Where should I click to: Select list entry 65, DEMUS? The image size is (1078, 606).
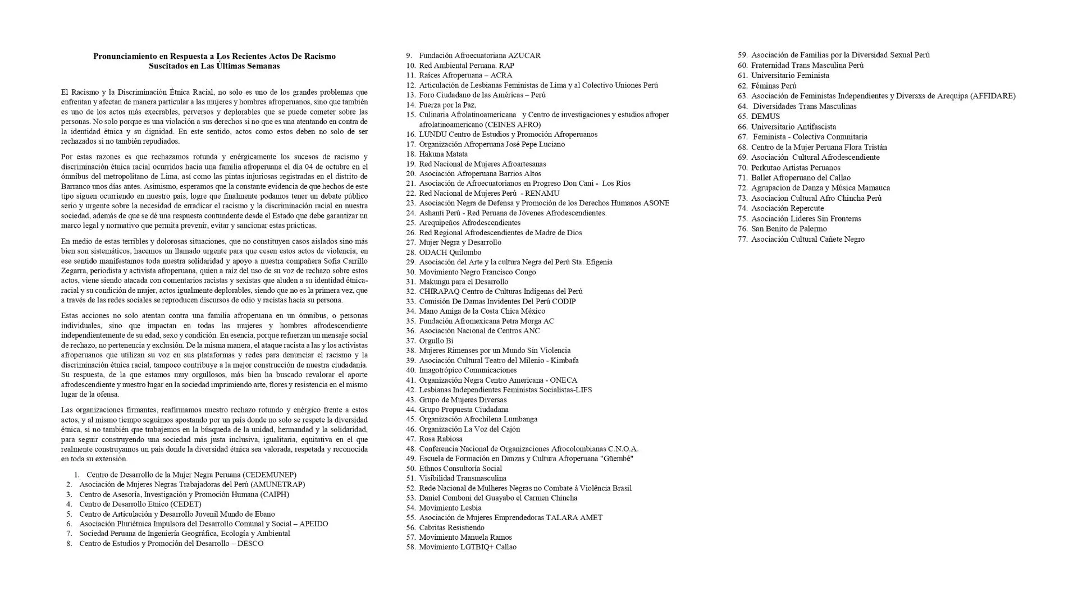tap(765, 116)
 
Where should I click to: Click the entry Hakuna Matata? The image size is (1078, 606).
tap(443, 154)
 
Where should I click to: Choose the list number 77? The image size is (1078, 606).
tap(742, 239)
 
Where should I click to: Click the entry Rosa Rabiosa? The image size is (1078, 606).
tap(441, 439)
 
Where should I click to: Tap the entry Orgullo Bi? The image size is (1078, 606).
tap(436, 341)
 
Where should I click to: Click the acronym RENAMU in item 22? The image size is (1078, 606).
tap(542, 193)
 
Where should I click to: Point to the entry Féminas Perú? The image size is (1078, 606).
tap(774, 86)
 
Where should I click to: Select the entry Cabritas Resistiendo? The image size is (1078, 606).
tap(451, 527)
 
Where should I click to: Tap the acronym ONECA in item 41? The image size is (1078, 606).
tap(564, 380)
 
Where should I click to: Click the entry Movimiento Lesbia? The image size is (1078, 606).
tap(450, 508)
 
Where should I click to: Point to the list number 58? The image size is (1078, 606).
tap(410, 547)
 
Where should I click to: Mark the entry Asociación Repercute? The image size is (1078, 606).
tap(787, 208)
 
